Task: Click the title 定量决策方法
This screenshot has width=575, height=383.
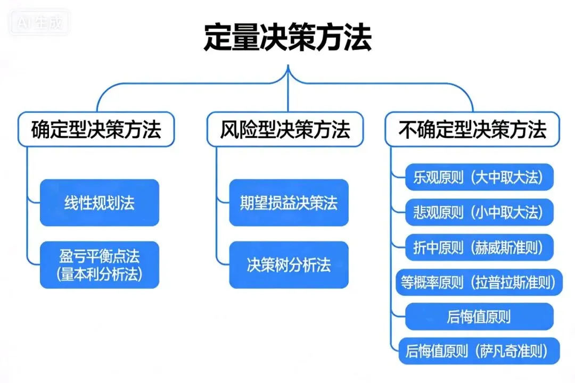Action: (287, 38)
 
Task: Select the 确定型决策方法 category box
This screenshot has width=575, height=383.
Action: (96, 129)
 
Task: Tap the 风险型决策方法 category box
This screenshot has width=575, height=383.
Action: (285, 129)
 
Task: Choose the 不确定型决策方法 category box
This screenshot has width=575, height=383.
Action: (472, 129)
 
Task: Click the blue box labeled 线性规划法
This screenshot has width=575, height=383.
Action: (100, 203)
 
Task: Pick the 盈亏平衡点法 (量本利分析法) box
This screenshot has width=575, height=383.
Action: (100, 265)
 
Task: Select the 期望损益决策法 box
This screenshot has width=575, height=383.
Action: (289, 203)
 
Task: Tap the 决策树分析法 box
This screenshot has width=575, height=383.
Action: (289, 265)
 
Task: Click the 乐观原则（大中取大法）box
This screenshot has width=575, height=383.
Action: (479, 177)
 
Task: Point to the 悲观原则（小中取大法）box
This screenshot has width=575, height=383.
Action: (479, 212)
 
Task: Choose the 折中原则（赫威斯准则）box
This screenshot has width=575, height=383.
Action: (479, 247)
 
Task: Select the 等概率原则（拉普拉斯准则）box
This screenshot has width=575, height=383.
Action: (479, 282)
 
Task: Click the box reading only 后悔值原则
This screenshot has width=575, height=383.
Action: (479, 317)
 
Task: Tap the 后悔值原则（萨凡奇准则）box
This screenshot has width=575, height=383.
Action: (479, 351)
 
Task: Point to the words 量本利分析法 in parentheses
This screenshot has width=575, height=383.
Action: (100, 274)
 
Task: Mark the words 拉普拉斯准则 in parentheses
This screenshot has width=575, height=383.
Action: (513, 282)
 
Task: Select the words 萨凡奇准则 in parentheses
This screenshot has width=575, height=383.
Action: (512, 351)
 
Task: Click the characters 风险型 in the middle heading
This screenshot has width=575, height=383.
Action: (239, 129)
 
